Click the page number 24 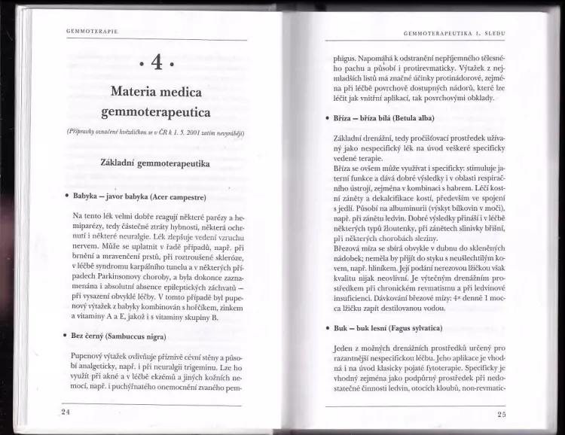pos(66,412)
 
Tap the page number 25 pos(502,415)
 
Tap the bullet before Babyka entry pos(66,197)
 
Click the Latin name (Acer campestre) pos(177,197)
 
